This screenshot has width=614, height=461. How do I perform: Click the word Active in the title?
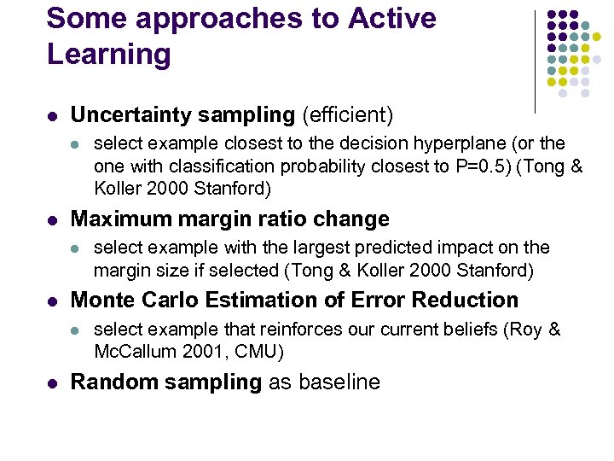391,19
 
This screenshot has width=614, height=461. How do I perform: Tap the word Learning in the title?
108,55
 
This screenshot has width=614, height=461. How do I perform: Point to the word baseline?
338,382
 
